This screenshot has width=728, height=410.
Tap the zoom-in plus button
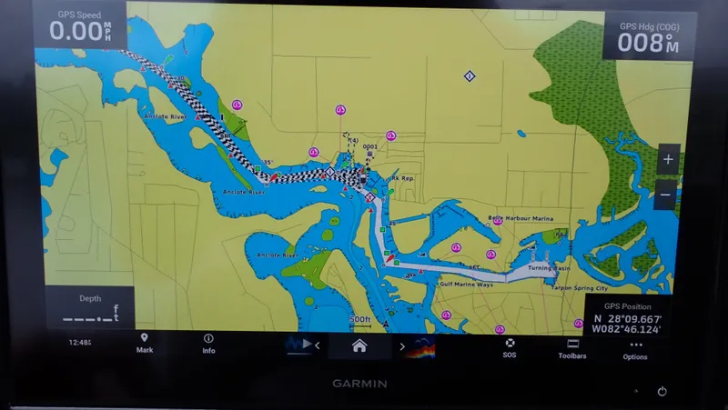tap(667, 159)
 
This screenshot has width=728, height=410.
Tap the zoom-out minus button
tap(667, 195)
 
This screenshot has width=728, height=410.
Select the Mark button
tap(144, 343)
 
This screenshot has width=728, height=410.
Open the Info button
tap(208, 343)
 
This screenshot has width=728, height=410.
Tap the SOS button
tap(509, 347)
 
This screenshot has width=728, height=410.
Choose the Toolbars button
tap(572, 349)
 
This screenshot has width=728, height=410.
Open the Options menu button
tap(635, 350)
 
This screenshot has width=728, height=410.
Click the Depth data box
tap(89, 309)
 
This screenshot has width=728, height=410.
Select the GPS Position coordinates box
tap(627, 317)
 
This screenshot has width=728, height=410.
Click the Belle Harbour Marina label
tap(521, 218)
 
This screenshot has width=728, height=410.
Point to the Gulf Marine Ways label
tap(466, 285)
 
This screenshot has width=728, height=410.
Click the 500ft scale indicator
tap(359, 319)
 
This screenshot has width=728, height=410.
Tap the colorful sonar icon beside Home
tap(420, 346)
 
